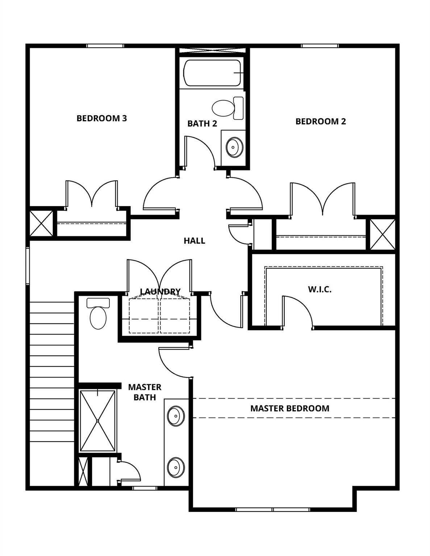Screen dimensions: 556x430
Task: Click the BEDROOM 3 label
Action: pos(102,118)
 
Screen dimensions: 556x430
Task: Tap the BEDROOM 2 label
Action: pos(321,121)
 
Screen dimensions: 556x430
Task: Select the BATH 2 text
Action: pos(202,123)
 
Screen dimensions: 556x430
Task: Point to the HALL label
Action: pos(194,241)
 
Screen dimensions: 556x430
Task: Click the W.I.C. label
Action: pos(320,289)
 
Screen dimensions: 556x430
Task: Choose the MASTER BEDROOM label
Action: pos(290,408)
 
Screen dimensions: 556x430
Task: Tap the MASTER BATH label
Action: pos(145,392)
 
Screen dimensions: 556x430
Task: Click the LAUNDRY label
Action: pos(160,291)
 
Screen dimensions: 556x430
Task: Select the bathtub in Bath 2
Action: pos(212,73)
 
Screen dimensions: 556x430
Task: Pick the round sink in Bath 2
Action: pos(234,147)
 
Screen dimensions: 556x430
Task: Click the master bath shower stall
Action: pos(98,421)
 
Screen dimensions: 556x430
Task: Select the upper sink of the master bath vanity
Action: pos(176,416)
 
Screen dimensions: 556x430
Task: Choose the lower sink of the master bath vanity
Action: pos(176,467)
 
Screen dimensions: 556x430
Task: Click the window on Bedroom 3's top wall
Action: pos(105,46)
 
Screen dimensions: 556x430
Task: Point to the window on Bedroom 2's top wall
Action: pos(320,46)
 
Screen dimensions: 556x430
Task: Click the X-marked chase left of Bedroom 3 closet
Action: pos(41,223)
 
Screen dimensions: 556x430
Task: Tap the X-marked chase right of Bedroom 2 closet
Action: pos(383,234)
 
